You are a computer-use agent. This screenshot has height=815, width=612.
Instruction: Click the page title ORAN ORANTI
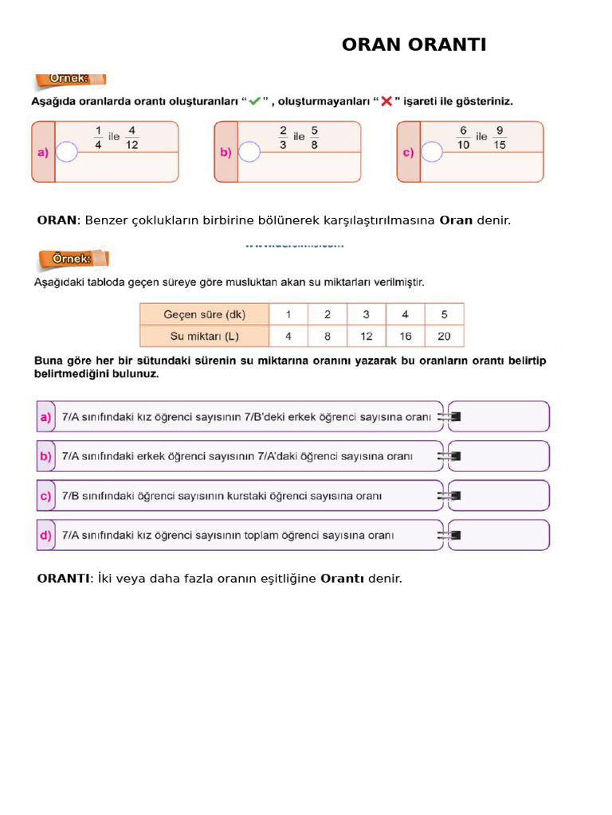tap(414, 45)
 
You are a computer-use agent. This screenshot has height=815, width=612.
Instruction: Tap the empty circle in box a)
tap(68, 151)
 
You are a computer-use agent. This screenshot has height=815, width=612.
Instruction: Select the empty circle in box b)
tap(249, 151)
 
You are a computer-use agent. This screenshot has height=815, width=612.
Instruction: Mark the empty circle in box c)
tap(433, 151)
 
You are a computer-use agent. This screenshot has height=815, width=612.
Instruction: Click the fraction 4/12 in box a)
tap(132, 137)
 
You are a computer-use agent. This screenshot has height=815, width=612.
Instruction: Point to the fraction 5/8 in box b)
tap(316, 137)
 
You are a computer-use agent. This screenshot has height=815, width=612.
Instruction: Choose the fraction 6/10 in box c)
tap(463, 137)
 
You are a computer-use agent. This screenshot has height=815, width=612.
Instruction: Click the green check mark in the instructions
tap(254, 102)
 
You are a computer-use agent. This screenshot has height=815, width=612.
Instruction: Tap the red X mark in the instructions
tap(386, 102)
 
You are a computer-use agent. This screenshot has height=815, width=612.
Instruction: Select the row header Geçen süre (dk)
tap(204, 314)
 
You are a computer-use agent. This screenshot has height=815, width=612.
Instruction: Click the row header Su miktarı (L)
tap(204, 336)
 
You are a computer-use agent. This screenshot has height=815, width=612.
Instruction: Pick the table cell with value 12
tap(366, 336)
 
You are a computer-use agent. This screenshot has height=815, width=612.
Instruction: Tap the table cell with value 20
tap(444, 336)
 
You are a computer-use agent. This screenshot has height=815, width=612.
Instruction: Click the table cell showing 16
tap(405, 336)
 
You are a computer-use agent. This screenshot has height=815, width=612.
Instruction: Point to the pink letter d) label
tap(45, 535)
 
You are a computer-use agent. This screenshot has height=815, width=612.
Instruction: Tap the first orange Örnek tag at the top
tap(71, 80)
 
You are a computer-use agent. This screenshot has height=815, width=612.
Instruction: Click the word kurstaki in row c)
tap(270, 496)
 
